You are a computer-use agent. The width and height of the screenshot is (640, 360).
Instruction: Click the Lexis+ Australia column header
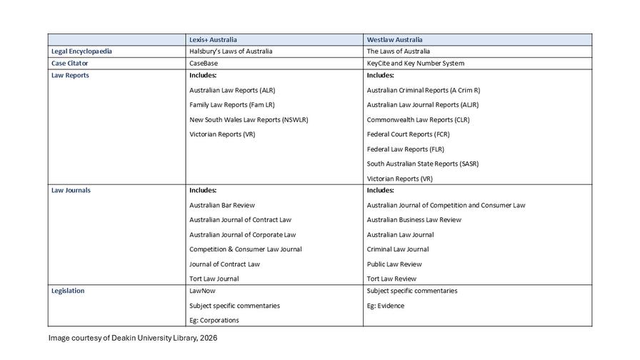pyautogui.click(x=213, y=39)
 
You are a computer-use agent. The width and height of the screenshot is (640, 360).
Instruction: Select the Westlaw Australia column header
pyautogui.click(x=394, y=39)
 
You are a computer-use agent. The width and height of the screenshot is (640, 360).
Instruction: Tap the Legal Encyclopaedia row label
pyautogui.click(x=81, y=51)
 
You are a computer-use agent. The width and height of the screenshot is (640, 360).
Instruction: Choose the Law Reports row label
pyautogui.click(x=70, y=75)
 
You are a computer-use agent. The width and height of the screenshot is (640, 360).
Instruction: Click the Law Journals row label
pyautogui.click(x=71, y=190)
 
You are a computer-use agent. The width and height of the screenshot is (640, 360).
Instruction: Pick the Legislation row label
pyautogui.click(x=68, y=291)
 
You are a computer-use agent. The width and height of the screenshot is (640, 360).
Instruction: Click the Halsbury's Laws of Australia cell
pyautogui.click(x=231, y=51)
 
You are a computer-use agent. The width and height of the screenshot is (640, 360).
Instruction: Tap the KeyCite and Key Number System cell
pyautogui.click(x=416, y=63)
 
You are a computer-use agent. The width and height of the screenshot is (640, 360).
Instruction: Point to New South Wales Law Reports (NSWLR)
pyautogui.click(x=249, y=119)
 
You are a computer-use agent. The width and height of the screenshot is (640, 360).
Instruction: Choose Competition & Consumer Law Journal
pyautogui.click(x=245, y=249)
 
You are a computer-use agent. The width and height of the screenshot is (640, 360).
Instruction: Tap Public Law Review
pyautogui.click(x=394, y=264)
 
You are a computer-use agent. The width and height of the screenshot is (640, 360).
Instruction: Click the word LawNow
pyautogui.click(x=202, y=291)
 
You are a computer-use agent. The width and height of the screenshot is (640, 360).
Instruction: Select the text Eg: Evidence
pyautogui.click(x=386, y=306)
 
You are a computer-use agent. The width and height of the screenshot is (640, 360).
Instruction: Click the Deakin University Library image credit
pyautogui.click(x=132, y=337)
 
